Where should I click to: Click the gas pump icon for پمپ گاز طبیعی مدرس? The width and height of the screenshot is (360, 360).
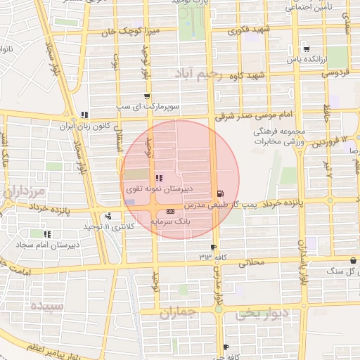pos(221,193)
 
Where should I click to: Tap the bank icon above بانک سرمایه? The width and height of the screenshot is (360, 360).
pos(170,211)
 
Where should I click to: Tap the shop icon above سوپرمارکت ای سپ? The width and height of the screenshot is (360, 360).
pos(146,97)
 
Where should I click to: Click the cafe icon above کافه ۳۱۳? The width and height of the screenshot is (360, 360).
pos(213,247)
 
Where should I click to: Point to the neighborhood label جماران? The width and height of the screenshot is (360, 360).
pos(175,314)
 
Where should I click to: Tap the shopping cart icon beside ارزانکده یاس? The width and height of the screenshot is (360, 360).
pos(307,49)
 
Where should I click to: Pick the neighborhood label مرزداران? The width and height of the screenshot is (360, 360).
pos(22,191)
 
